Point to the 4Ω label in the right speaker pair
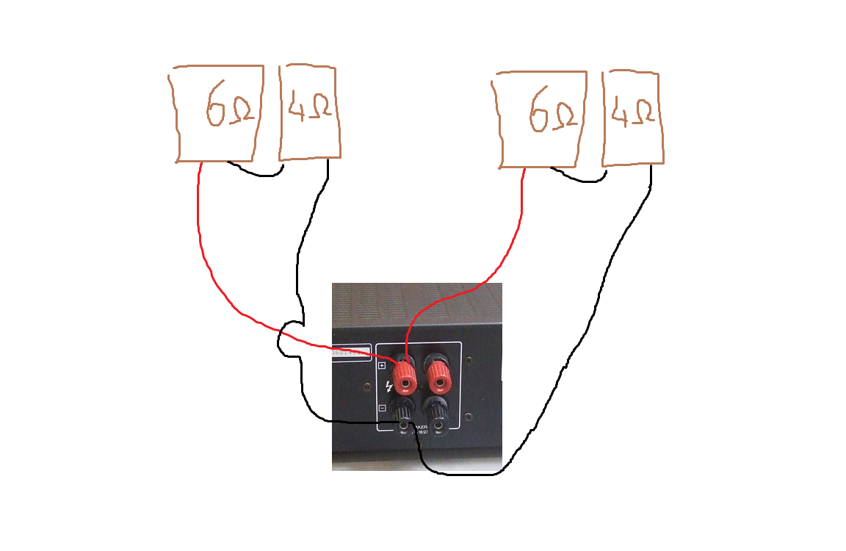pos(632,112)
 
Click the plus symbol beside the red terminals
pos(382,365)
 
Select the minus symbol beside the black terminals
pos(382,408)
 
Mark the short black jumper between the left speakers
pos(256,171)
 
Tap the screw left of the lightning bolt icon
pos(367,385)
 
